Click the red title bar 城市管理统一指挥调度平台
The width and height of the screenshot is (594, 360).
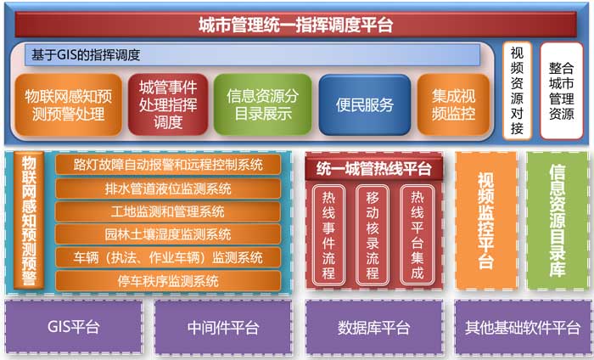tap(295, 25)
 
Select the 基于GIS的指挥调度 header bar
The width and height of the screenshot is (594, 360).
tap(252, 55)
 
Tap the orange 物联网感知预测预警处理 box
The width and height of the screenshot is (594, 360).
tap(69, 105)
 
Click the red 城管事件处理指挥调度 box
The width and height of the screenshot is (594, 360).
tap(168, 105)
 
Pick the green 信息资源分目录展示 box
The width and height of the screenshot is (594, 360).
tap(262, 105)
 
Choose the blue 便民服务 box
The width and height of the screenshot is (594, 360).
tap(364, 105)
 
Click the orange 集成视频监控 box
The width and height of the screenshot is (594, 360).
tap(453, 105)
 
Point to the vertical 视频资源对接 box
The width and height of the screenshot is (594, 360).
tap(517, 91)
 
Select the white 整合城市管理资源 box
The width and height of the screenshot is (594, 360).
tap(562, 91)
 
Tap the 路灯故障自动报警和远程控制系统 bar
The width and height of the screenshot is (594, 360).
tap(168, 165)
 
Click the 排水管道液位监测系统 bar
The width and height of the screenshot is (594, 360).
tap(168, 188)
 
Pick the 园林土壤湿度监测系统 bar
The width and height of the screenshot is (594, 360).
tap(168, 234)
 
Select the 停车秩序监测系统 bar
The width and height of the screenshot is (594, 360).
tap(168, 281)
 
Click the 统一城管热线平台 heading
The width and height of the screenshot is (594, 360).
tap(374, 169)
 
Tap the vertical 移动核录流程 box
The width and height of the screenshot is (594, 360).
tap(373, 235)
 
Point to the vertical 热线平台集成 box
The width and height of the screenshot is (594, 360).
tap(417, 235)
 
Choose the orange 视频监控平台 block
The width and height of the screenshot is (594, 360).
tap(486, 221)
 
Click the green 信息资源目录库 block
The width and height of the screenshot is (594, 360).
tap(558, 221)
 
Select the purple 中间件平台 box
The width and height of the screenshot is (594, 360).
tap(223, 327)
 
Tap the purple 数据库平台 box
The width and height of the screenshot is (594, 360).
tap(374, 327)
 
